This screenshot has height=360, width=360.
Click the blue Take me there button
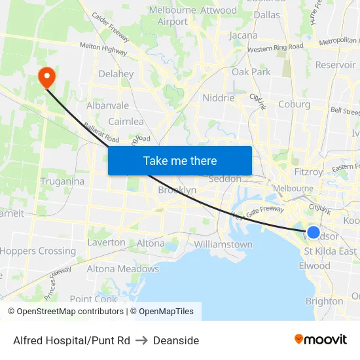point(180,160)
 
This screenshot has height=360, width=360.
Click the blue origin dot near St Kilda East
point(314,232)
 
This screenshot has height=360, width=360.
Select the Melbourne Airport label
point(173,16)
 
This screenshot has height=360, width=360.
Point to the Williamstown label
point(223,244)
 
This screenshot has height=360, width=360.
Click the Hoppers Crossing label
point(38,251)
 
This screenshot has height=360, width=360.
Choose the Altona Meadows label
point(123,268)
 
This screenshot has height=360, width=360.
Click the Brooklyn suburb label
point(177,190)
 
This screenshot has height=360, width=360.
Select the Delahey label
point(116,74)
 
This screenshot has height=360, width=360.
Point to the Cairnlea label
point(126,121)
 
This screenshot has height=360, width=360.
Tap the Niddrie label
point(219,98)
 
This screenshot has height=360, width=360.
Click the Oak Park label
point(251,72)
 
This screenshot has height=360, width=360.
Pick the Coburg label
point(294,103)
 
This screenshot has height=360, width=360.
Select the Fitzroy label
point(308,172)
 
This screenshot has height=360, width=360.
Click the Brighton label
point(324,301)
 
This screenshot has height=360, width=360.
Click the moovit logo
point(320,340)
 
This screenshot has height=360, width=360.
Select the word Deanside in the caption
point(177,340)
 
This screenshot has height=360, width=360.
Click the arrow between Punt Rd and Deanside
point(142,340)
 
